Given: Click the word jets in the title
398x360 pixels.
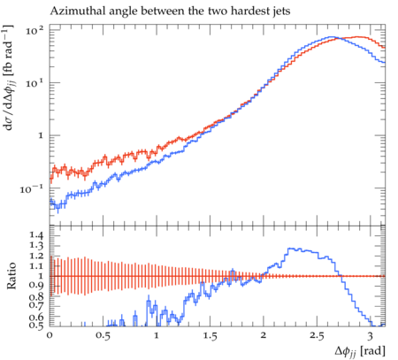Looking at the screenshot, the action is coord(280,11).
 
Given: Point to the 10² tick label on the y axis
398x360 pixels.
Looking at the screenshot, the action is coord(34,30).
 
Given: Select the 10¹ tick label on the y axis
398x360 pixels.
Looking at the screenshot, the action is coord(34,83).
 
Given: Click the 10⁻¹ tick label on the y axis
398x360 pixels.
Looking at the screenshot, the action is coord(32,188).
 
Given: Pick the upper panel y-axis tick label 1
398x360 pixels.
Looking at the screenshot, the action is coord(41,136).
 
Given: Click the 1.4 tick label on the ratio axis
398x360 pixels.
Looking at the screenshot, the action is coord(36,235).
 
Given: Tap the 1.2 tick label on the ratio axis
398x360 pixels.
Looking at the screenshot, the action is coord(36,256).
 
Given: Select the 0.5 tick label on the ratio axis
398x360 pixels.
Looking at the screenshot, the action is coord(36,326).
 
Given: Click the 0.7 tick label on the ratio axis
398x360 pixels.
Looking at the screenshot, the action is coord(36,304).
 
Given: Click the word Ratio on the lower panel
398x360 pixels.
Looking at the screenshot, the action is coord(11,275).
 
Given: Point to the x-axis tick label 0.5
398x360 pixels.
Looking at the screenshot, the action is coord(103,336).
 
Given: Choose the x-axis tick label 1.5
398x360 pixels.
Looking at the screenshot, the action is coord(210,336).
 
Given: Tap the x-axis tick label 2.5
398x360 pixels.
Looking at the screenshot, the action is coord(317,336).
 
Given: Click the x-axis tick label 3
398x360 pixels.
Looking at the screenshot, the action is coord(371,336).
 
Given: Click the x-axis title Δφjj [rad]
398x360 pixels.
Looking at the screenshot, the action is coord(360,351).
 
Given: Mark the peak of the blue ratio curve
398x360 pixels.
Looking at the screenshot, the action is coord(291,249).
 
